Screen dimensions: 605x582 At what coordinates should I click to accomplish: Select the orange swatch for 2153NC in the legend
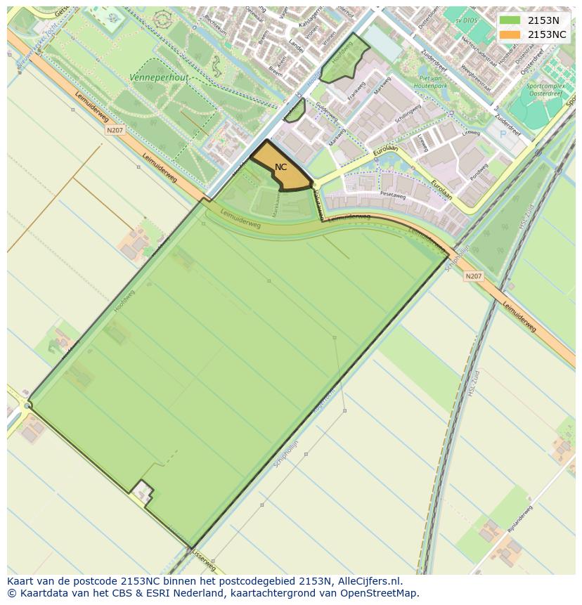pos(510,34)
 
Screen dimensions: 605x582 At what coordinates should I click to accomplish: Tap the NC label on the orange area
pos(280,167)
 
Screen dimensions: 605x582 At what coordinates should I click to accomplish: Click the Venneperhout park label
pos(159,77)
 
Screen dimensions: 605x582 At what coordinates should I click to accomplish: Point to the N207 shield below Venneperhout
pos(115,130)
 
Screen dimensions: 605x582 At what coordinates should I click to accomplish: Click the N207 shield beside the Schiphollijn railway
pos(474,276)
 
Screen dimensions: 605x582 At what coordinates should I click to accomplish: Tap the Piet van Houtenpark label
pos(434,82)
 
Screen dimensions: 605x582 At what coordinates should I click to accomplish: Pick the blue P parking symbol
pos(503,134)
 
